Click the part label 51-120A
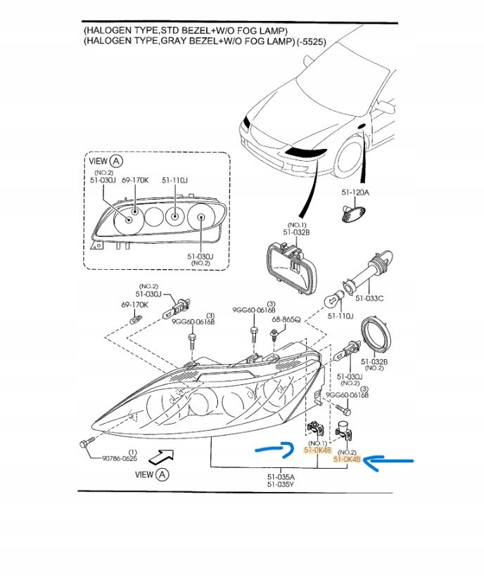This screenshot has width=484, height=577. [355, 191]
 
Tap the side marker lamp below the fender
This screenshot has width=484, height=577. [350, 212]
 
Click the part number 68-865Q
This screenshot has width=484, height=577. [286, 319]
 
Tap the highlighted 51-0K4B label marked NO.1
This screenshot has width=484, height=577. [317, 450]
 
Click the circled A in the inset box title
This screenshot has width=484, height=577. [117, 161]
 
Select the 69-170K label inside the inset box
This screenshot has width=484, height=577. [135, 180]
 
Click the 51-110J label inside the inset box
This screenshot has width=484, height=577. [174, 180]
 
